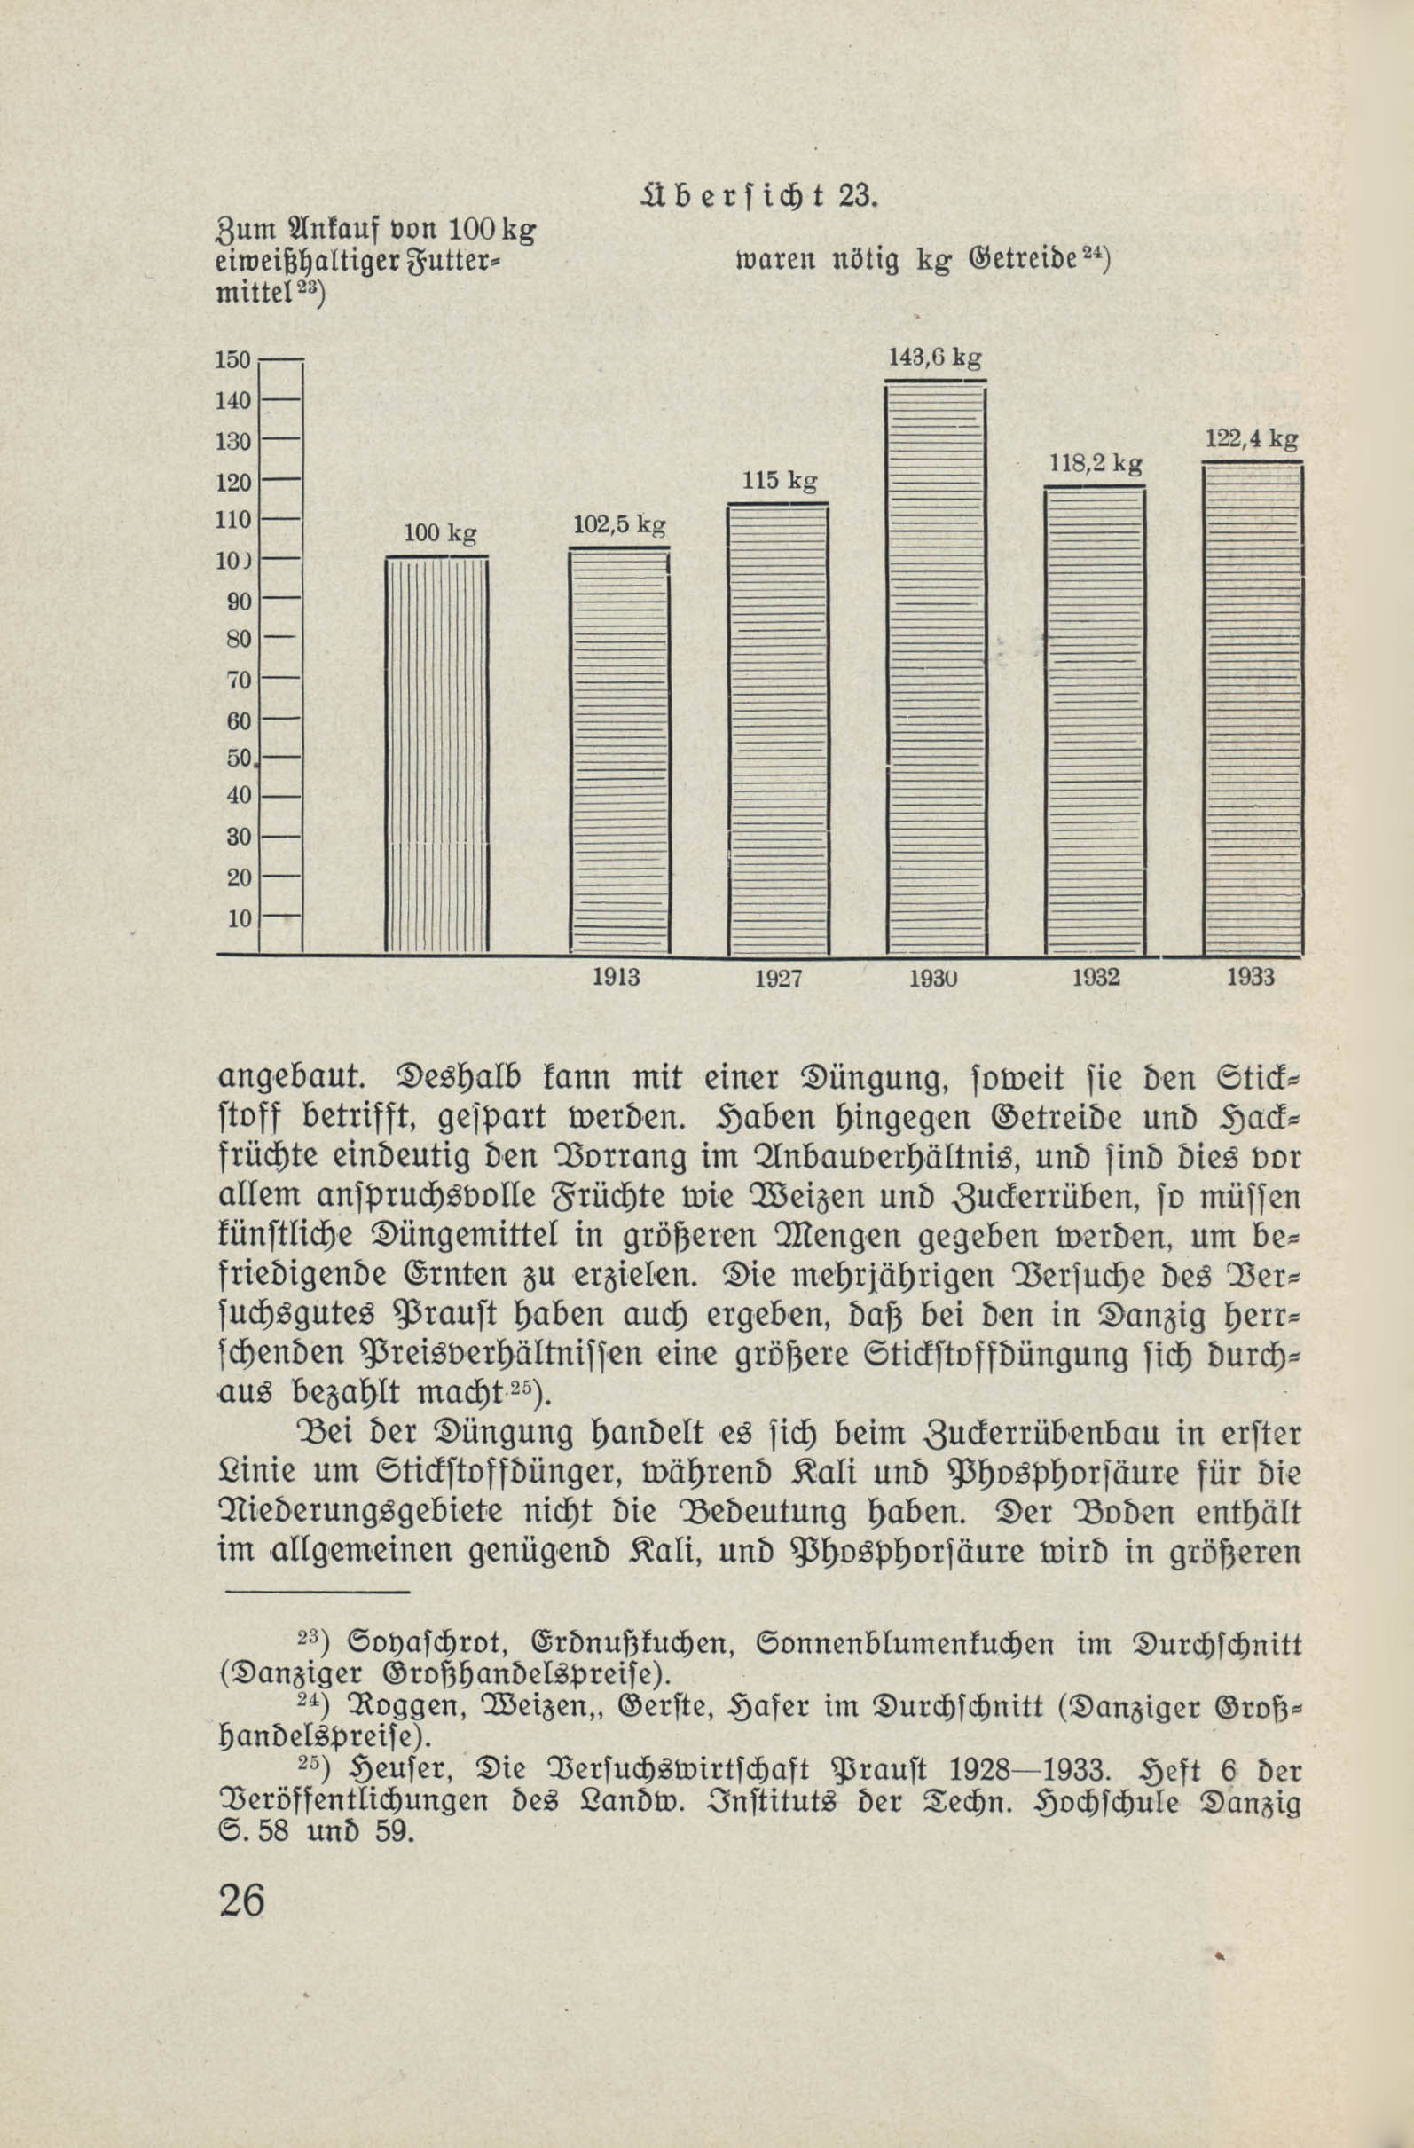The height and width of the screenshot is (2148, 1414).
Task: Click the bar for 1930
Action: point(936,668)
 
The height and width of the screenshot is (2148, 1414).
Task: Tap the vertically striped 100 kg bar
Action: point(436,754)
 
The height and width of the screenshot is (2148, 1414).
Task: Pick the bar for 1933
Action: point(1253,709)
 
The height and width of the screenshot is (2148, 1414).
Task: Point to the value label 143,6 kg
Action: point(935,358)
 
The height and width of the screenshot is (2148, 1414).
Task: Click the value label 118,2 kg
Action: point(1096,465)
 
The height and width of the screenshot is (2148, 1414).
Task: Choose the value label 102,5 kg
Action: point(619,524)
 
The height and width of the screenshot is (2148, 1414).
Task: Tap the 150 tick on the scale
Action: point(232,359)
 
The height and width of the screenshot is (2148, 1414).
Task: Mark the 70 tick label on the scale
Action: point(239,680)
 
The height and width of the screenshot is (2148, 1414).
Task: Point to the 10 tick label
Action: point(240,919)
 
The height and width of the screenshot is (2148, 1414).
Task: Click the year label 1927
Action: point(778,979)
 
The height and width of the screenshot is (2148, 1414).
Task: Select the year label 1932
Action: point(1096,978)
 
